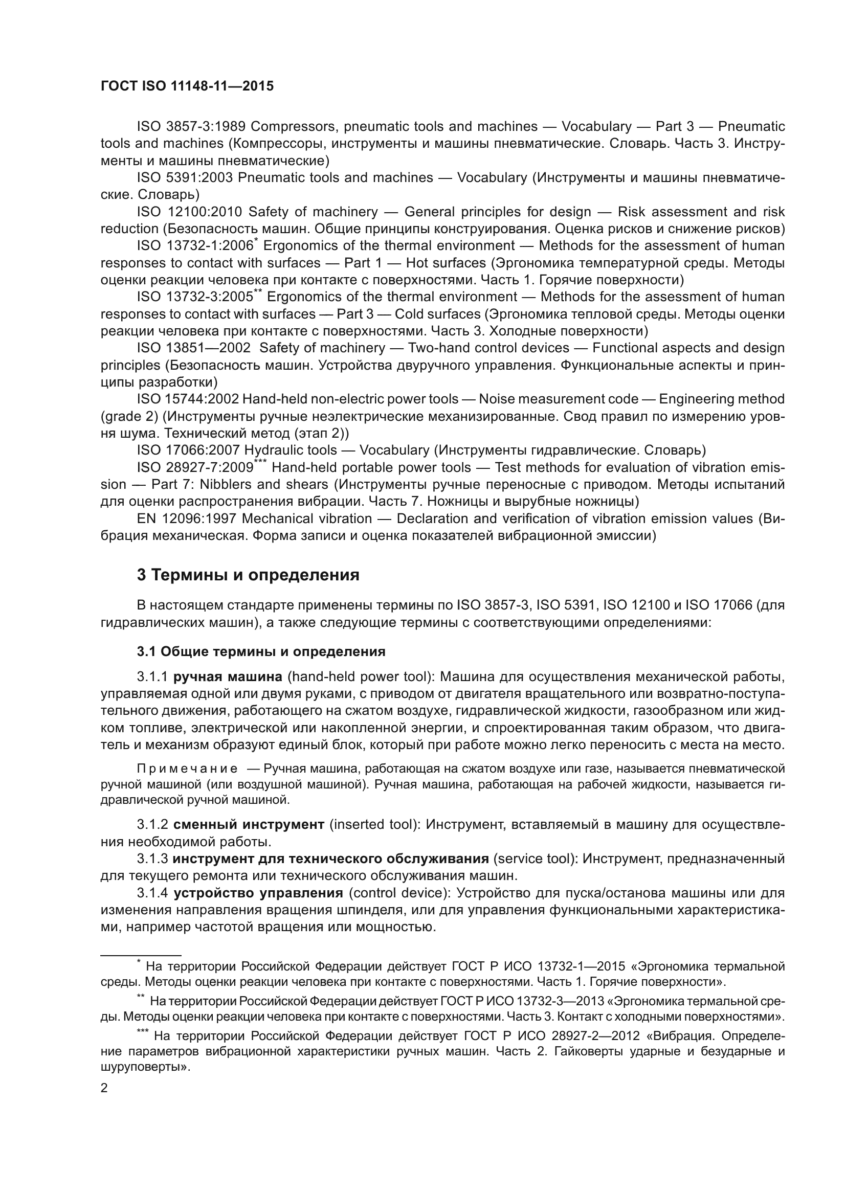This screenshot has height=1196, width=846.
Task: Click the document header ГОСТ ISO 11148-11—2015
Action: pyautogui.click(x=187, y=86)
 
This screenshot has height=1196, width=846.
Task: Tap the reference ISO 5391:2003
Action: pyautogui.click(x=185, y=177)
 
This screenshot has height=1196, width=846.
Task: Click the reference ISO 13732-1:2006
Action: pyautogui.click(x=194, y=245)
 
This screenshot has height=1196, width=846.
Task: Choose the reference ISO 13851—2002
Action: pyautogui.click(x=193, y=348)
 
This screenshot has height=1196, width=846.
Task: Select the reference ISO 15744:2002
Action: pyautogui.click(x=188, y=399)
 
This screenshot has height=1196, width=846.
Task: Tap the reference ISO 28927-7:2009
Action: pyautogui.click(x=194, y=468)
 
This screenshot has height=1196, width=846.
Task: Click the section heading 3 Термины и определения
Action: pyautogui.click(x=248, y=575)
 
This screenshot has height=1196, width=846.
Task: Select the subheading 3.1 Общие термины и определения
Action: pyautogui.click(x=261, y=651)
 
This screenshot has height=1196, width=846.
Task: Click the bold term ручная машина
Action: pyautogui.click(x=228, y=676)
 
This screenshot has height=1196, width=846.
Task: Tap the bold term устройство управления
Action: pyautogui.click(x=258, y=893)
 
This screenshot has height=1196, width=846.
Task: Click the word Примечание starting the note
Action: pyautogui.click(x=187, y=769)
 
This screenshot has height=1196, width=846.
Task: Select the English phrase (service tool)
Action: pyautogui.click(x=535, y=859)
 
